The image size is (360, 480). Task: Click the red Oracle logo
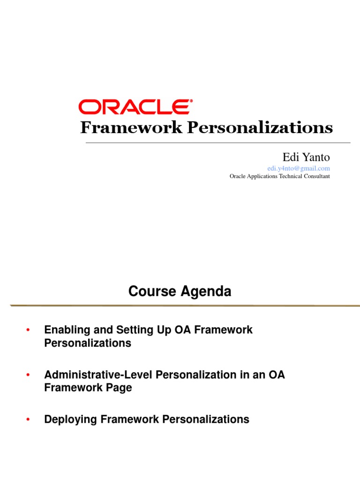click(x=134, y=107)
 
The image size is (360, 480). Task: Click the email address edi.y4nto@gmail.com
click(x=299, y=168)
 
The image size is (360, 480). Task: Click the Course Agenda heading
click(x=180, y=292)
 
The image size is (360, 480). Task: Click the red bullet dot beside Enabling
click(x=28, y=330)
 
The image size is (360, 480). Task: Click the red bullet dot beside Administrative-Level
click(x=28, y=375)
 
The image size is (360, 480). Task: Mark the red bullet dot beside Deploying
click(x=28, y=420)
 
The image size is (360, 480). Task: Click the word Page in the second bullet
click(x=120, y=388)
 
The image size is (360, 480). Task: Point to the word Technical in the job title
click(x=289, y=176)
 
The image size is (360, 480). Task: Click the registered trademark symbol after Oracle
click(x=189, y=101)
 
